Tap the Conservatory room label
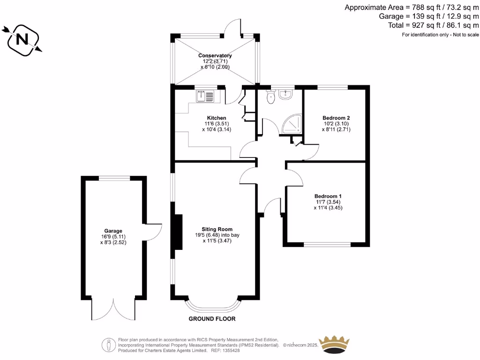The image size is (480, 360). (215, 55)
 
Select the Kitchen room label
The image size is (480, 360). (217, 118)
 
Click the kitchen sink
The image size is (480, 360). (205, 96)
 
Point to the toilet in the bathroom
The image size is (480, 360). (270, 97)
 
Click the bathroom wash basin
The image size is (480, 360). (285, 95)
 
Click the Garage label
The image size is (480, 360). (113, 231)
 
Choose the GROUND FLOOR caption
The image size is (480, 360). (212, 319)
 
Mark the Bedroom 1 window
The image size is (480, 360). (327, 244)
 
